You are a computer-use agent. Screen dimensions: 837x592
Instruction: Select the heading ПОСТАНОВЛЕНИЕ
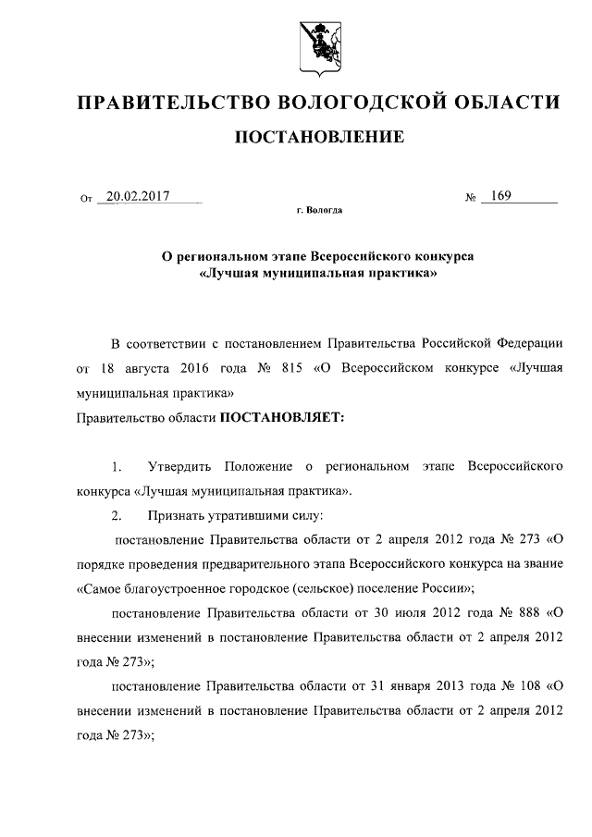(x=320, y=138)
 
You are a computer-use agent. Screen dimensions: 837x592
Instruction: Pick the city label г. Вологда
(x=320, y=211)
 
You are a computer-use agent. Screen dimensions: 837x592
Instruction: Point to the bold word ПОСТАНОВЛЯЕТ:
(x=281, y=418)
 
